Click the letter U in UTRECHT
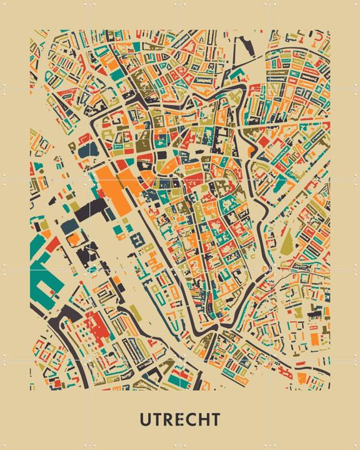[x=145, y=418]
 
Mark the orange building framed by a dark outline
[x=74, y=238]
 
